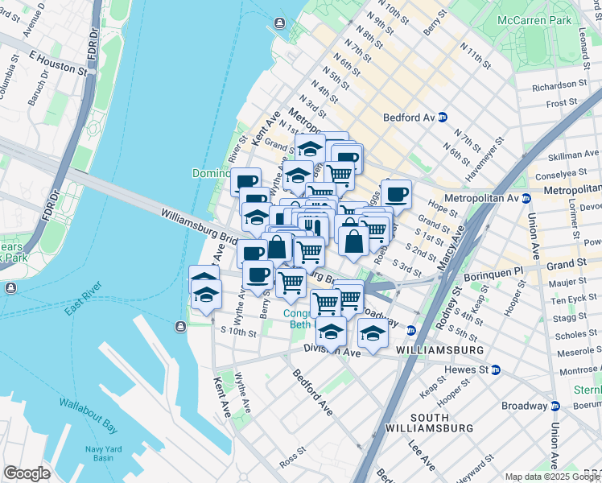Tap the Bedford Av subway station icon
click(443, 118)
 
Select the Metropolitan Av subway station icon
click(526, 198)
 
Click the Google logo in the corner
click(27, 473)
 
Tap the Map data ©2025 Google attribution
click(552, 477)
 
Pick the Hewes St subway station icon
click(496, 369)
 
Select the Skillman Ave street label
click(573, 153)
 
